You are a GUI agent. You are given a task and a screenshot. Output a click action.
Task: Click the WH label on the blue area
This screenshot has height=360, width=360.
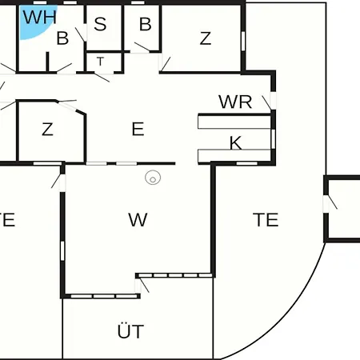[x=40, y=17]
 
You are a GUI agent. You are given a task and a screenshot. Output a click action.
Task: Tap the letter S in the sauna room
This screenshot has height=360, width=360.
[x=100, y=24]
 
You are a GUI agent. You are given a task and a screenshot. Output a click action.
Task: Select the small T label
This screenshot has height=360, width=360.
[x=100, y=62]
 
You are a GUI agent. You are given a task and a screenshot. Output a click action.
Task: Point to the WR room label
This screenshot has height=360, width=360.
[x=235, y=102]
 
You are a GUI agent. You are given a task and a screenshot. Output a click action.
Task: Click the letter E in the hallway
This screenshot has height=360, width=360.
[x=138, y=129]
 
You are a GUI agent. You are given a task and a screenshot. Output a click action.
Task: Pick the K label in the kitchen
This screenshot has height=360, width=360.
[x=236, y=143]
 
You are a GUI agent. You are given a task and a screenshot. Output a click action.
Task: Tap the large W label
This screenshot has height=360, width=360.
[x=138, y=220]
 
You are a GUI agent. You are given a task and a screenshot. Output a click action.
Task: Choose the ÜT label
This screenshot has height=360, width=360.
[x=130, y=330]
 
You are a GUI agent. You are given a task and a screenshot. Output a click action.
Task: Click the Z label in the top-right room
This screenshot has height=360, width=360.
[x=206, y=38]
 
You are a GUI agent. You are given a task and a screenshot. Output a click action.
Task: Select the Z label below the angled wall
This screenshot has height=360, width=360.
[x=47, y=130]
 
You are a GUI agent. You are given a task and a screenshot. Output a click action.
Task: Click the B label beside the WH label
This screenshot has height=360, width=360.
[x=62, y=38]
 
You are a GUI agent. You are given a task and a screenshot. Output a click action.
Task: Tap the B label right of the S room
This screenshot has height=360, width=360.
[x=146, y=24]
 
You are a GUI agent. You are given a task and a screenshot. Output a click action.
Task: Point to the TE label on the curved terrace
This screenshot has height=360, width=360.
[x=266, y=220]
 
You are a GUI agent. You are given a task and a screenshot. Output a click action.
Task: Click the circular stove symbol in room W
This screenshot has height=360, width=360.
[x=153, y=178]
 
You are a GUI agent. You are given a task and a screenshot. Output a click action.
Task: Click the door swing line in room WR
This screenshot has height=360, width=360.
[x=266, y=102]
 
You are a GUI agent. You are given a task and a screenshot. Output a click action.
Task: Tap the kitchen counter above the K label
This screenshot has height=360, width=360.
[x=234, y=122]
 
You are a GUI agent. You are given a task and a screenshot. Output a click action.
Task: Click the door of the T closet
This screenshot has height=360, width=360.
[x=102, y=78]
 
